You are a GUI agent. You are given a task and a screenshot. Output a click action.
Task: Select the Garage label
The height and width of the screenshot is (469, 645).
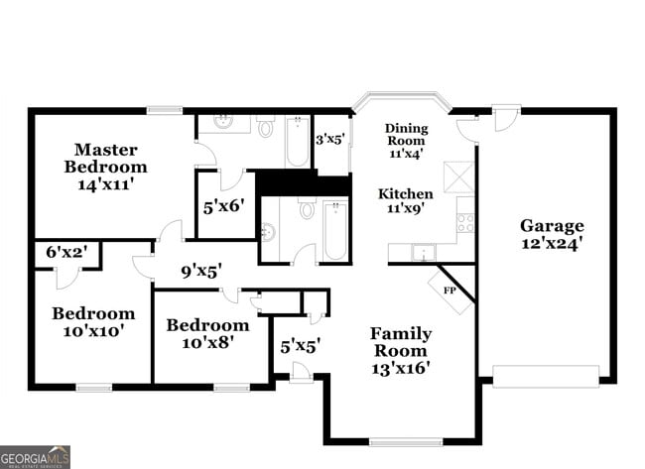[552, 225]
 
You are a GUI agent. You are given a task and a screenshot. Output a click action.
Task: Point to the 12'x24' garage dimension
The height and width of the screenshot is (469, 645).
[552, 241]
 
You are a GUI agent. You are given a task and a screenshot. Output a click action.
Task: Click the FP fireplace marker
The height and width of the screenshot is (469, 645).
[449, 291]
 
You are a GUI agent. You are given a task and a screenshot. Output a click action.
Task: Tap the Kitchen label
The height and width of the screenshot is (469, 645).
[407, 193]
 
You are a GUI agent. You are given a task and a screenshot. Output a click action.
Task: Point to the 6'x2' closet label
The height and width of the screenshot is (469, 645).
[67, 254]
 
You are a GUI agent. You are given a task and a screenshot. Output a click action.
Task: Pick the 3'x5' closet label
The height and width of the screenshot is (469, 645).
[330, 140]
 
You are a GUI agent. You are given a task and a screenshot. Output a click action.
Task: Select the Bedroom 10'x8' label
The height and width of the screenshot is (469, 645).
[207, 334]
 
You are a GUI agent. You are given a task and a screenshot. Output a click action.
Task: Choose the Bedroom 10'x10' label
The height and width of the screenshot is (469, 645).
[93, 322]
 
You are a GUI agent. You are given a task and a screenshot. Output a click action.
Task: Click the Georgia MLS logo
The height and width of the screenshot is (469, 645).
[36, 456]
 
